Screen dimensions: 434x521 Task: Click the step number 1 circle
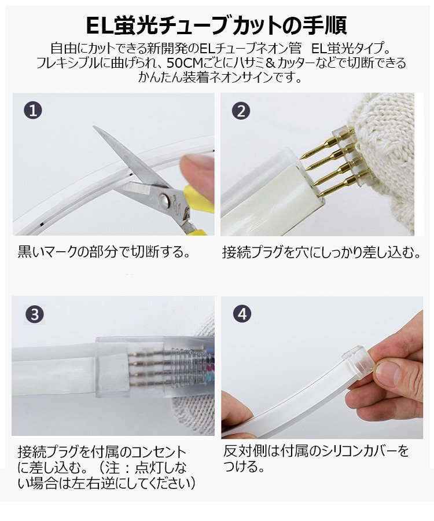[33, 110]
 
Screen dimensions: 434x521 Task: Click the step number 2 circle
[241, 111]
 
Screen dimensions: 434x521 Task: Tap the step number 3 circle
[35, 314]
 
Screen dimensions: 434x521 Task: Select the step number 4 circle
[242, 314]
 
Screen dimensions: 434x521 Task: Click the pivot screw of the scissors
[163, 200]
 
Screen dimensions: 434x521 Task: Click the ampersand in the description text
[271, 63]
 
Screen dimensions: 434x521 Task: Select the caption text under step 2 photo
[321, 252]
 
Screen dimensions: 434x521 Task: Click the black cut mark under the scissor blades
[131, 174]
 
